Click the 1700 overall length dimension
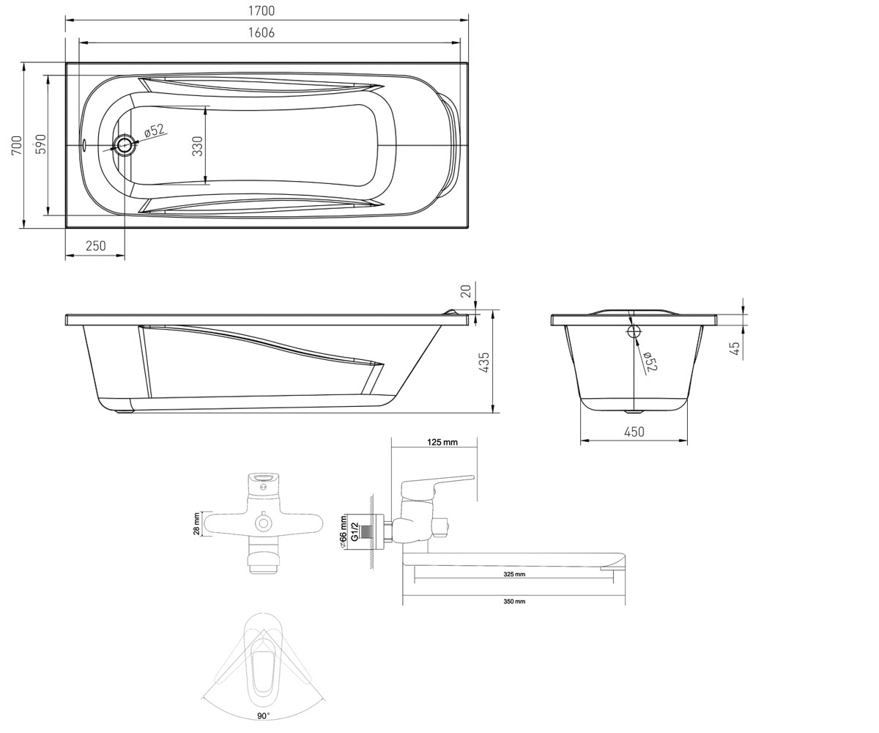[x=262, y=11]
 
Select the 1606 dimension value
[x=262, y=33]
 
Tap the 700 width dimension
[x=17, y=145]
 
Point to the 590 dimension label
[x=41, y=144]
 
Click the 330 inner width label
[x=198, y=146]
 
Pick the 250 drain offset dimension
[x=96, y=246]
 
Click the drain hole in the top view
[x=125, y=145]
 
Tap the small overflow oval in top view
[x=84, y=145]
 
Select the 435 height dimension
[x=484, y=362]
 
